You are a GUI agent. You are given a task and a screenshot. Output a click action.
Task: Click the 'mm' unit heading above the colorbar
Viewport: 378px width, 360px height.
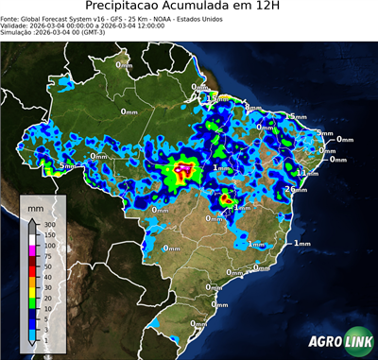36,206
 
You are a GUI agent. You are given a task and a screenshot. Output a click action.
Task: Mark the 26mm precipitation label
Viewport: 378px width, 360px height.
296,189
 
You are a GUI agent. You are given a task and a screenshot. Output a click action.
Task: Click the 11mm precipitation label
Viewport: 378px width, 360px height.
305,174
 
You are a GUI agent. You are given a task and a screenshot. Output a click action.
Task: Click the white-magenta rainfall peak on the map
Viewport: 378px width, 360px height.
182,170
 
